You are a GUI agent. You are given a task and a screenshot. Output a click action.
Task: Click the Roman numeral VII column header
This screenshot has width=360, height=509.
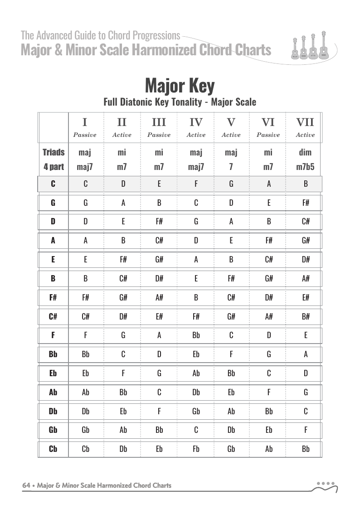(305, 122)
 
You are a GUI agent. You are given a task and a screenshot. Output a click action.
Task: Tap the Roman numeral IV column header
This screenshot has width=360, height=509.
(196, 122)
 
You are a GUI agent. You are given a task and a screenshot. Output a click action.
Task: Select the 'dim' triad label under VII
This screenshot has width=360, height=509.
(305, 152)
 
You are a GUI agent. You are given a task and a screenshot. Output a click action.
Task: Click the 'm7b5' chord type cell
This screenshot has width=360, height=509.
(305, 167)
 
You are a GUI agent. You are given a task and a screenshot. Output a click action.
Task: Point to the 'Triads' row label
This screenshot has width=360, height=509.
(54, 152)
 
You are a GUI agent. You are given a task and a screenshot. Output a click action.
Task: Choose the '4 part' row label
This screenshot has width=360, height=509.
(54, 167)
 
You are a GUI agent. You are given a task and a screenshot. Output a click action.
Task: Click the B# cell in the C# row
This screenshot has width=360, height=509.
(306, 316)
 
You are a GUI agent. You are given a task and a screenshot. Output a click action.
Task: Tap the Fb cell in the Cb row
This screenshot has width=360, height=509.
(196, 449)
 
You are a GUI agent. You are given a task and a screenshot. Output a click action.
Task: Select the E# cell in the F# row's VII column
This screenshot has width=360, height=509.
(306, 297)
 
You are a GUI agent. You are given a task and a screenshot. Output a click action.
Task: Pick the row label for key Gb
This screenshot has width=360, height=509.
(53, 430)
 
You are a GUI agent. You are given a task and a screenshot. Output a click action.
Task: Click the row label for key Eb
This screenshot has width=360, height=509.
(53, 373)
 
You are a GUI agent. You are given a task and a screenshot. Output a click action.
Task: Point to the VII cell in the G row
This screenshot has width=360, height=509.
(306, 203)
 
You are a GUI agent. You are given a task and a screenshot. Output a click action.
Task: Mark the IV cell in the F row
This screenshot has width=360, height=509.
(196, 335)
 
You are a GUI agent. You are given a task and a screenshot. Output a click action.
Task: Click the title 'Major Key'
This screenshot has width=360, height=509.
(180, 85)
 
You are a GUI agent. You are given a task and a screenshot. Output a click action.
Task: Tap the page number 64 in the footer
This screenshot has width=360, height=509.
(26, 485)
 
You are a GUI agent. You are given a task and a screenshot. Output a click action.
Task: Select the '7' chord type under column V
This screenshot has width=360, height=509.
(231, 167)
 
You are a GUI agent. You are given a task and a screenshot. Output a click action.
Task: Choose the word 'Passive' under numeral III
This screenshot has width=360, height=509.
(159, 135)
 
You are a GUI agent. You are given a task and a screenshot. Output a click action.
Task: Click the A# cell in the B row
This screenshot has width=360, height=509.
(306, 278)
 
